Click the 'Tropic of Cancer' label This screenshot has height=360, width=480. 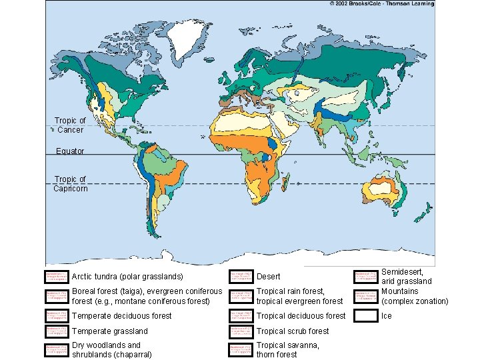[x=70, y=125]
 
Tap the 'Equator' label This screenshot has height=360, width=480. [x=70, y=151]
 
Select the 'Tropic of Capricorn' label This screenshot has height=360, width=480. [x=70, y=184]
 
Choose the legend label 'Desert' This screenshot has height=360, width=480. [x=269, y=277]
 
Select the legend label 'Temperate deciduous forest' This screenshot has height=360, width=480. [x=121, y=316]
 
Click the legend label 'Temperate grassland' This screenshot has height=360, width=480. [x=109, y=331]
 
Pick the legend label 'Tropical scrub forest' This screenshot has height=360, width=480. [x=293, y=331]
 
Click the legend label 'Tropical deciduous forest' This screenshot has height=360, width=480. [x=301, y=316]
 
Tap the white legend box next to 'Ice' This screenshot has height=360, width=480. [x=365, y=316]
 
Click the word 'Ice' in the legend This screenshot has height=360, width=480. [x=387, y=316]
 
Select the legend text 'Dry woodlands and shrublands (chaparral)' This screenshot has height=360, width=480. [x=107, y=350]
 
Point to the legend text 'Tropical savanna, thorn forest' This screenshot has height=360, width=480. [x=287, y=350]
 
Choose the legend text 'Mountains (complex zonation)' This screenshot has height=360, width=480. [x=414, y=297]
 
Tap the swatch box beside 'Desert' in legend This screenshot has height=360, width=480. [x=240, y=277]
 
